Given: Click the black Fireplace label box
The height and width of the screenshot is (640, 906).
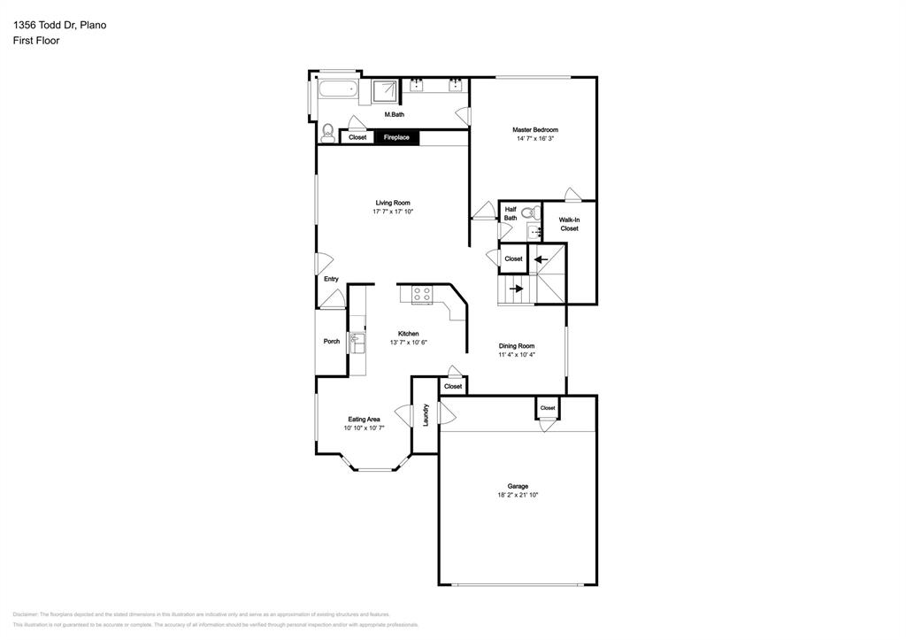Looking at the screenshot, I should click(x=395, y=137).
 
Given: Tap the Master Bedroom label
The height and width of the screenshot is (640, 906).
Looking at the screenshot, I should click(x=535, y=130).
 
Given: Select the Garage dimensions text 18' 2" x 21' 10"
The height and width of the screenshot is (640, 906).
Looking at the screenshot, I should click(x=518, y=496).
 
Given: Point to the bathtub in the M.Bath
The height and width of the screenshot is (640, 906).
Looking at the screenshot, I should click(x=335, y=89).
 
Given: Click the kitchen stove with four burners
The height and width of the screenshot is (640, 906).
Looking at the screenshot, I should click(x=422, y=294).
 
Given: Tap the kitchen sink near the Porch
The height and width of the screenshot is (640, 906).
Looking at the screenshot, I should click(x=357, y=341).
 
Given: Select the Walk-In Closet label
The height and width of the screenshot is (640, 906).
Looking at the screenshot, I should click(x=569, y=224).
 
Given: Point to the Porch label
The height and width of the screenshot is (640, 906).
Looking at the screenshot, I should click(x=332, y=342).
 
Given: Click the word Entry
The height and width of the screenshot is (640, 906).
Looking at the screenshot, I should click(x=331, y=280).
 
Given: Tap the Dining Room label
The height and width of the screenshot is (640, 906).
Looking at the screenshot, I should click(x=517, y=346).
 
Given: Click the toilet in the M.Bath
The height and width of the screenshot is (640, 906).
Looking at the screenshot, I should click(x=328, y=134).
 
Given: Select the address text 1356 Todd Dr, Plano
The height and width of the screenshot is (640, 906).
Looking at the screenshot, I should click(x=59, y=25).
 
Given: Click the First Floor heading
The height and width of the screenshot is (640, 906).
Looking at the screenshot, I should click(x=36, y=41).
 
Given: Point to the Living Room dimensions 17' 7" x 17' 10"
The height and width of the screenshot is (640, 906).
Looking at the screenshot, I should click(x=393, y=212).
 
